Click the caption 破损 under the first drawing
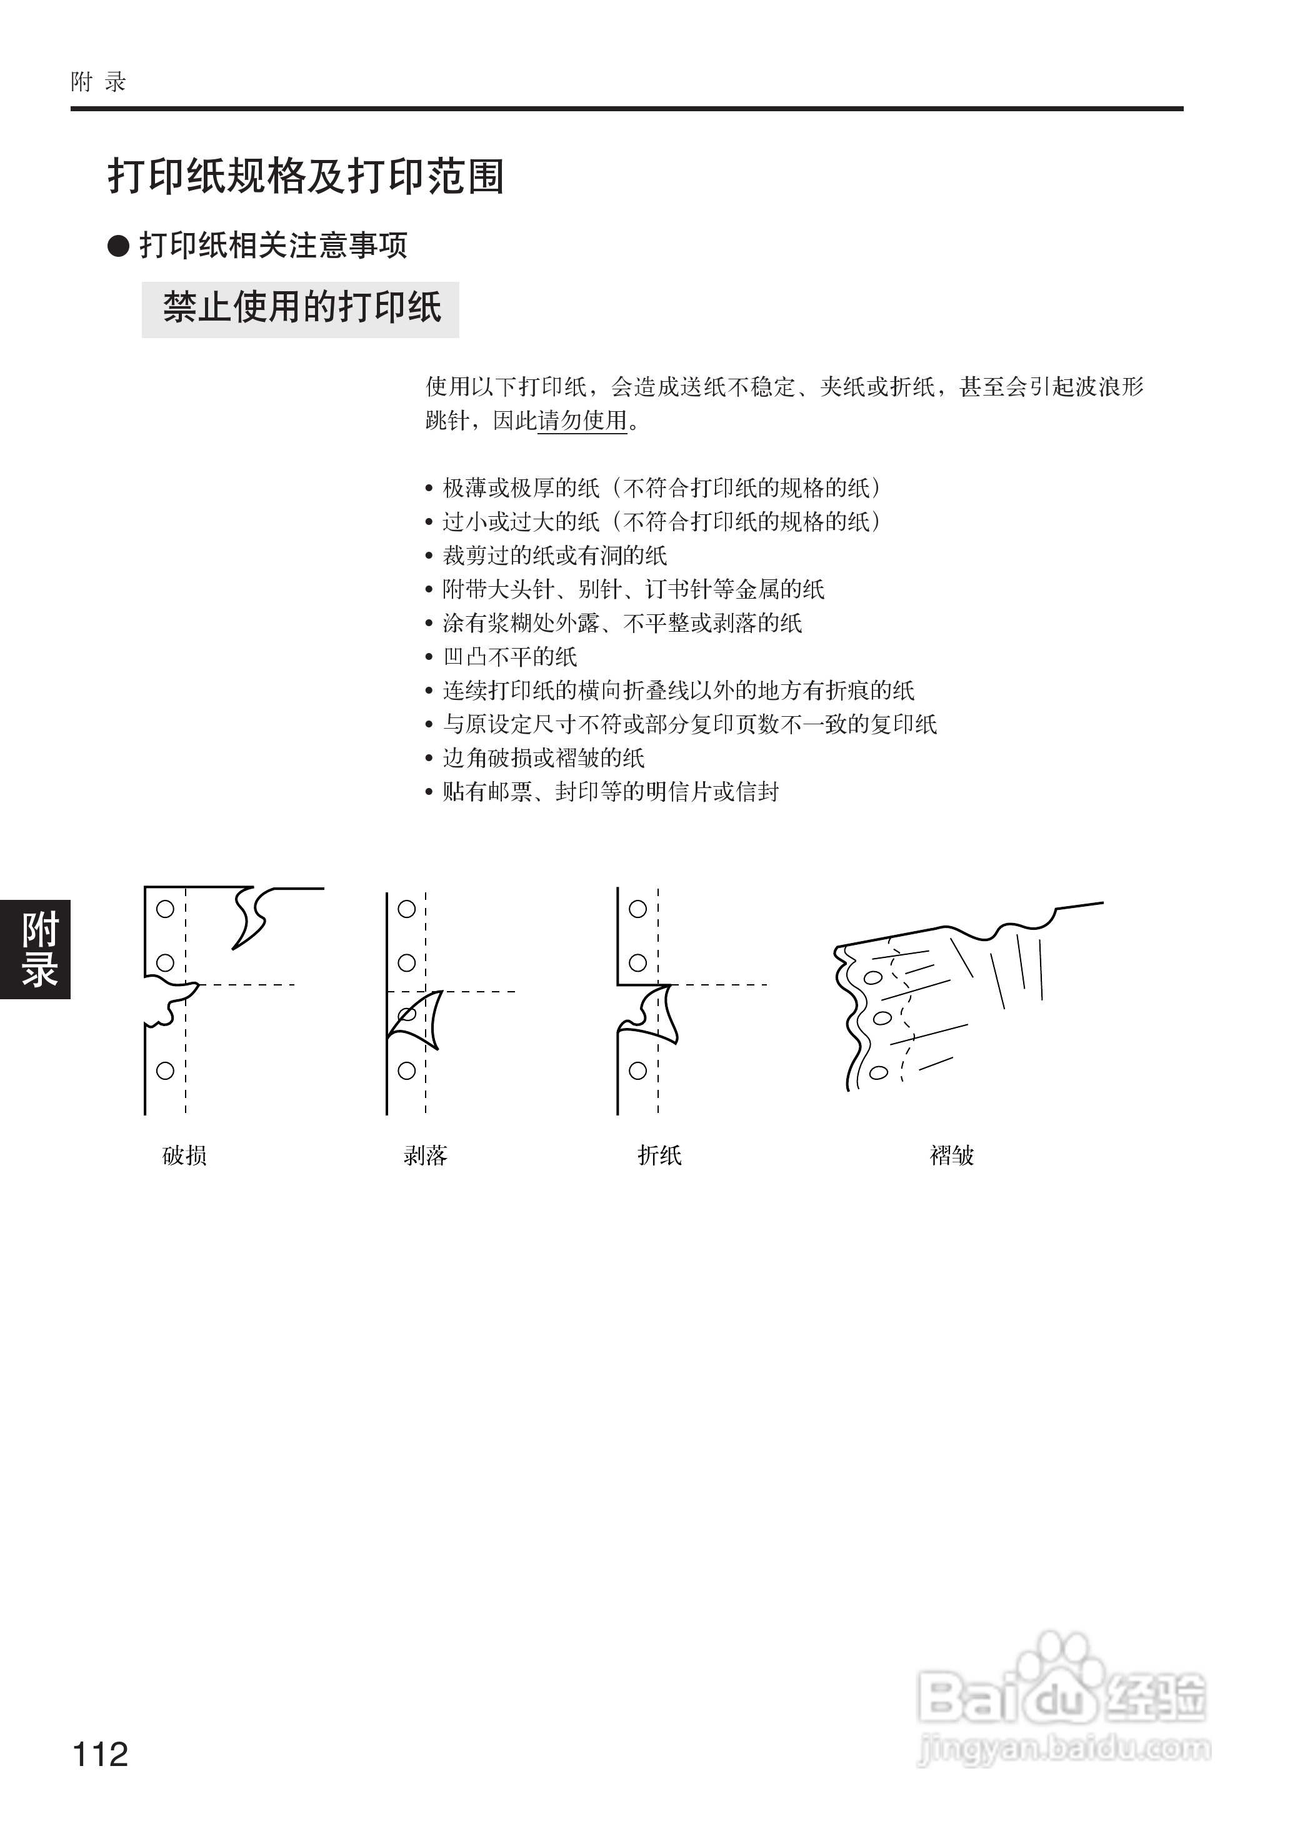point(184,1155)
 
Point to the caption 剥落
point(425,1155)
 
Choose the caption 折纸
point(659,1155)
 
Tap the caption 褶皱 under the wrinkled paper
point(952,1155)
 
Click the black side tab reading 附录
point(36,949)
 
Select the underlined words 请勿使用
point(582,420)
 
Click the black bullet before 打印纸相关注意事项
point(118,246)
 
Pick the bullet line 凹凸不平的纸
point(509,657)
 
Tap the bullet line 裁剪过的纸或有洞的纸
point(554,555)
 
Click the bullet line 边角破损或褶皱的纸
point(543,757)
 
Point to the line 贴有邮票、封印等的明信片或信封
point(610,792)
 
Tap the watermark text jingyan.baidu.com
point(1064,1747)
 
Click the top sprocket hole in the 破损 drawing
point(165,909)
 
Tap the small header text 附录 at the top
point(99,82)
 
